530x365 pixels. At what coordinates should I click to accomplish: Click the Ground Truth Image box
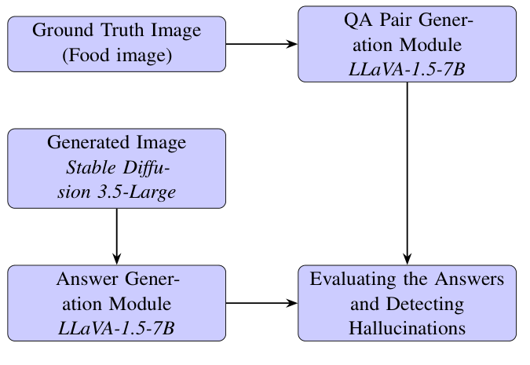pyautogui.click(x=116, y=43)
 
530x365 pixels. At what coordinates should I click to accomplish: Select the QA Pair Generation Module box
pyautogui.click(x=407, y=43)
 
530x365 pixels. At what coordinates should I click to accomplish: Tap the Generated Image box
pyautogui.click(x=116, y=168)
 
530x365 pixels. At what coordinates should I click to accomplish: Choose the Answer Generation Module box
pyautogui.click(x=116, y=303)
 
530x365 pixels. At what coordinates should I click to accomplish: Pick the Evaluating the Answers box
pyautogui.click(x=407, y=303)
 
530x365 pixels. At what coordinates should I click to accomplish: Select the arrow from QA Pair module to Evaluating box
pyautogui.click(x=407, y=173)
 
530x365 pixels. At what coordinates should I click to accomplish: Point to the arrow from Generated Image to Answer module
pyautogui.click(x=116, y=236)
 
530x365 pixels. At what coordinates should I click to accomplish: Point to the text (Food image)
pyautogui.click(x=116, y=56)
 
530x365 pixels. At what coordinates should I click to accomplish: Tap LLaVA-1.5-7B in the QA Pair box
pyautogui.click(x=407, y=68)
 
